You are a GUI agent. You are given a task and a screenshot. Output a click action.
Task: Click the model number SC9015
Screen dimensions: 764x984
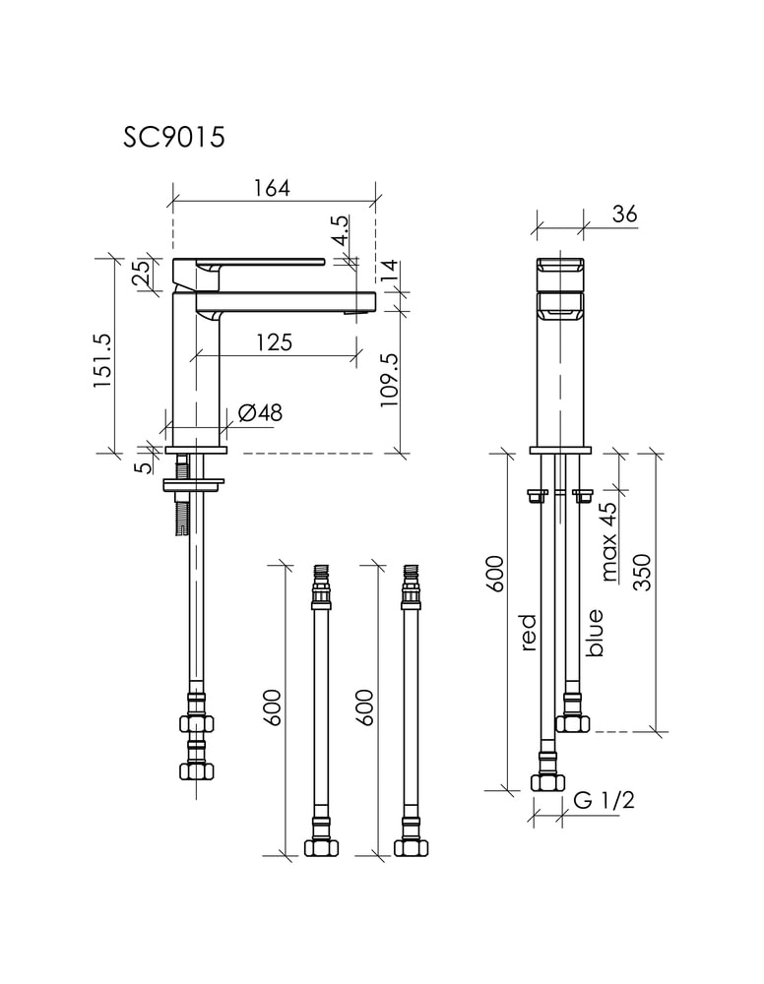coord(174,138)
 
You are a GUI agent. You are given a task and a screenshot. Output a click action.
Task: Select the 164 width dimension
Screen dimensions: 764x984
coord(272,188)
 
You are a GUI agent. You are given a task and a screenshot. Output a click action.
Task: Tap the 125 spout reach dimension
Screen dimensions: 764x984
coord(275,342)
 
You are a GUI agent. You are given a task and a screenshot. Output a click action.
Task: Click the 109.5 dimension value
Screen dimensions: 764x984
coord(390,380)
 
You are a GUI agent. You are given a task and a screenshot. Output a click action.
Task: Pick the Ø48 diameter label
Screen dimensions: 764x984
coord(261,412)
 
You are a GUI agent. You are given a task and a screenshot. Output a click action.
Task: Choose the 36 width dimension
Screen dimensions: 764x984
coord(624,214)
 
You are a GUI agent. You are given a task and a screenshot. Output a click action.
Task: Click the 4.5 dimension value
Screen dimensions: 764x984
coord(340,230)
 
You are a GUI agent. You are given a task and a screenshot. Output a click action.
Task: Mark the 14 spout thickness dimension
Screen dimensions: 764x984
coord(389,271)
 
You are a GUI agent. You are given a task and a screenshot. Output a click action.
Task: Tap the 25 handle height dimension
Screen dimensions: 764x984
coord(143,273)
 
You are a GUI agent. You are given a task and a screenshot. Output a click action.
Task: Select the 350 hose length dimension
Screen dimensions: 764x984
coord(642,572)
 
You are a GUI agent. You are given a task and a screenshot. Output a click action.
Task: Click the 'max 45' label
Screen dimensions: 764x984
coord(609,541)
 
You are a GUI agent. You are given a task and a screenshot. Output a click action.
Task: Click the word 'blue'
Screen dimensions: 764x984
coord(594,633)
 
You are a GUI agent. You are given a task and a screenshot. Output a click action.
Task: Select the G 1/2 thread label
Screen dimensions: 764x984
coord(604,800)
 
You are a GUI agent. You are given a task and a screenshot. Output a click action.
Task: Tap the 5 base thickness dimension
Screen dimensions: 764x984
coord(145,467)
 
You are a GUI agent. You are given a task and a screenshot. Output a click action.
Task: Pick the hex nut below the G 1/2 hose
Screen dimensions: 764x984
coord(548,782)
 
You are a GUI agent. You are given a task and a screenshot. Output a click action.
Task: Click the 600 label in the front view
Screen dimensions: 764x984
coord(496,573)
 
